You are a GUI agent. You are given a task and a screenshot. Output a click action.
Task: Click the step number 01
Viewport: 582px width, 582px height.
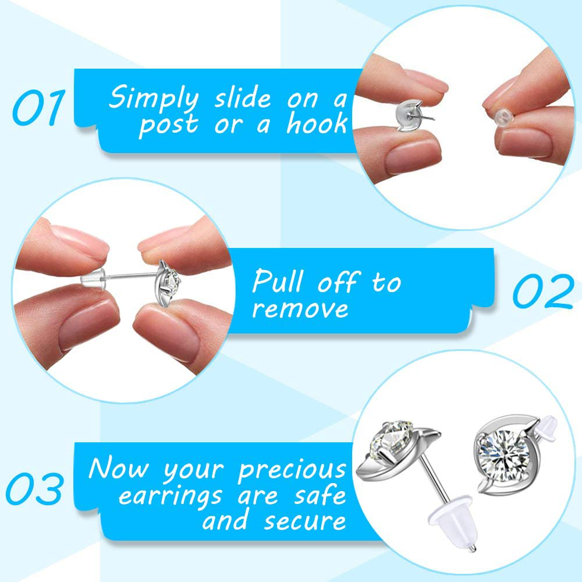coord(38,107)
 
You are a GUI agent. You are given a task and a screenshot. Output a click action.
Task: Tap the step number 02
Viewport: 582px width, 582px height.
coord(544,292)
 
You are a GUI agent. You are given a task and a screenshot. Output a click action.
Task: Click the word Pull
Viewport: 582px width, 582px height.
coord(278,281)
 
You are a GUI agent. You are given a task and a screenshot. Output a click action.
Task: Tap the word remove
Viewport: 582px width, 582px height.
coord(300,309)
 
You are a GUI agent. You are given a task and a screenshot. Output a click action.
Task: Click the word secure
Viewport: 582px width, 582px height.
coord(304,521)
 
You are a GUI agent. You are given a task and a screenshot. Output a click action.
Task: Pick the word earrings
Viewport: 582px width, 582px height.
coord(171,496)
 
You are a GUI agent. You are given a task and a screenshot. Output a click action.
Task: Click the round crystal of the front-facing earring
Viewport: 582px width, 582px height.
coord(502,453)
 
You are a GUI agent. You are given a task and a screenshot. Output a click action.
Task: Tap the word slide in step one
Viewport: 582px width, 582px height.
coord(243,98)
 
